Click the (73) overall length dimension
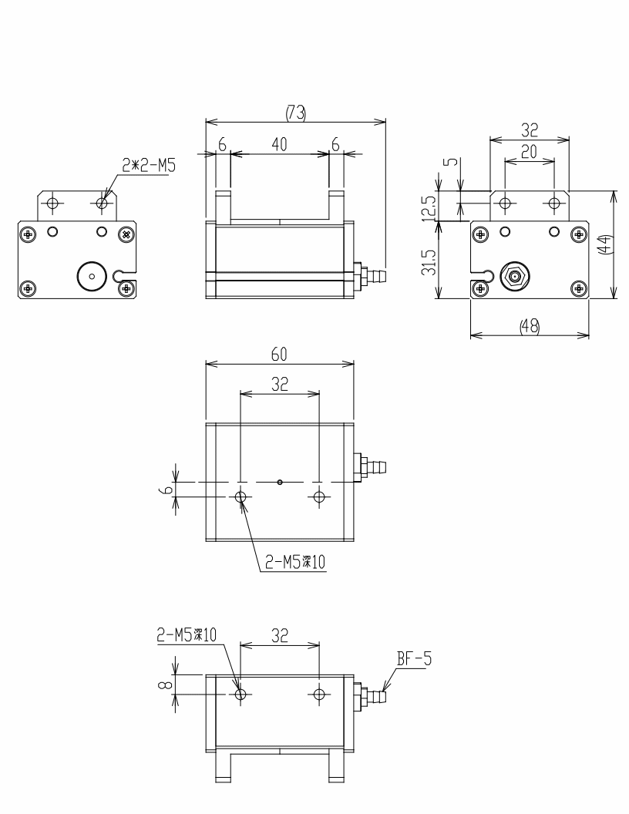click(296, 113)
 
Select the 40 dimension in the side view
click(279, 144)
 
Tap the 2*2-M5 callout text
click(149, 166)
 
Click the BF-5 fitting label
click(414, 659)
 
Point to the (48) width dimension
click(530, 326)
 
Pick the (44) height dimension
click(605, 244)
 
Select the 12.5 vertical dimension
click(429, 207)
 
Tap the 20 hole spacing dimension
click(529, 152)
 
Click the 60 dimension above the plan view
click(279, 355)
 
